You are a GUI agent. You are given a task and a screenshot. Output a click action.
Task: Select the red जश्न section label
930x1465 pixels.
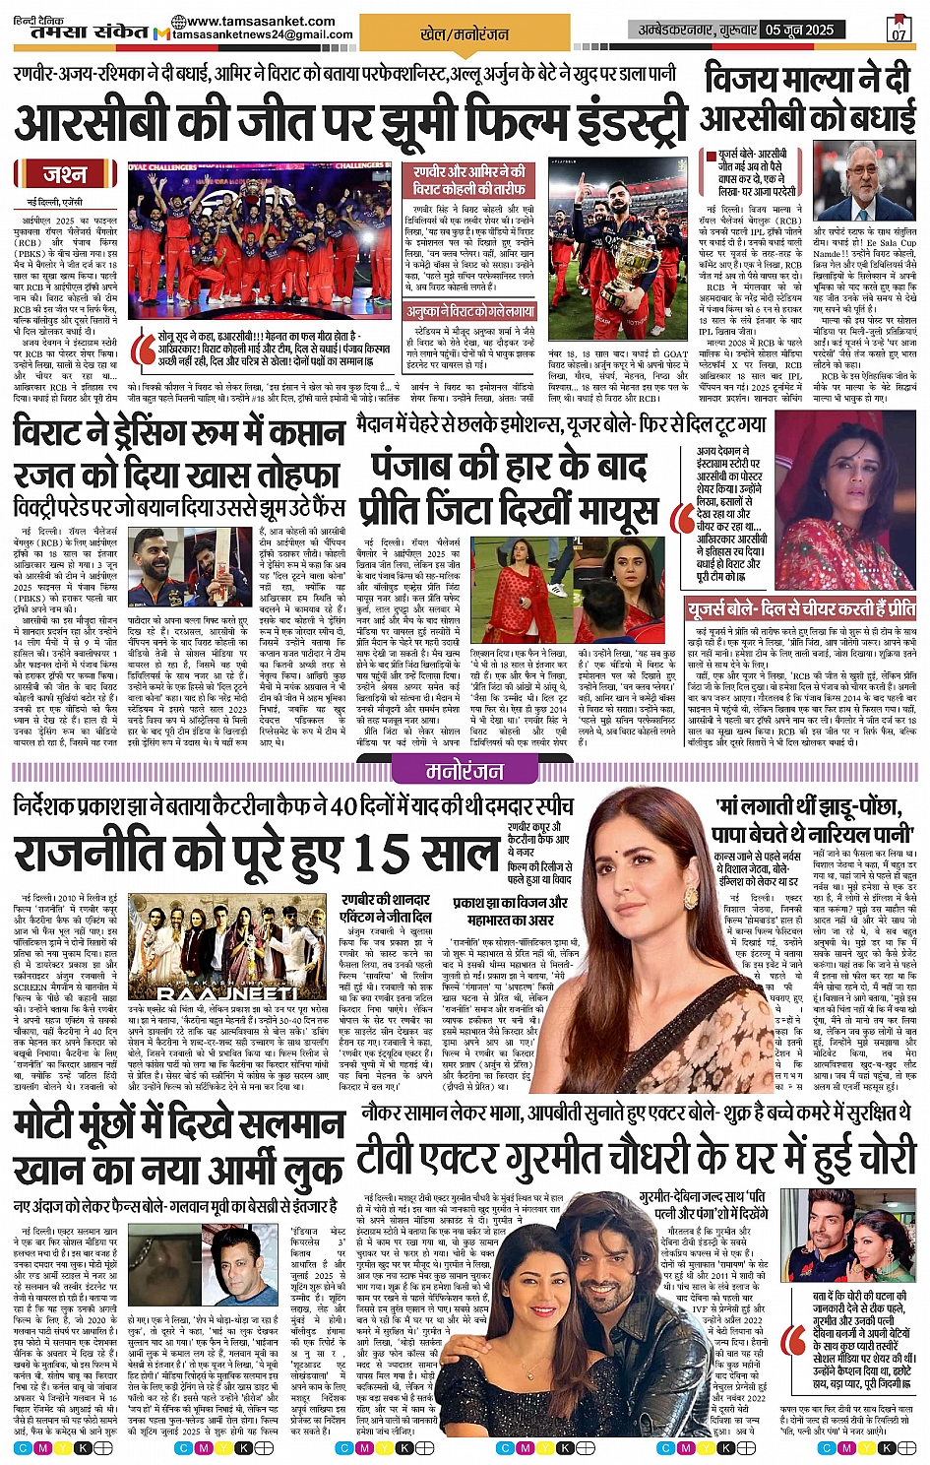[x=64, y=174]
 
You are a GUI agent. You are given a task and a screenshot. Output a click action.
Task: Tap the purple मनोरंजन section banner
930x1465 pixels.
[x=465, y=771]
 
